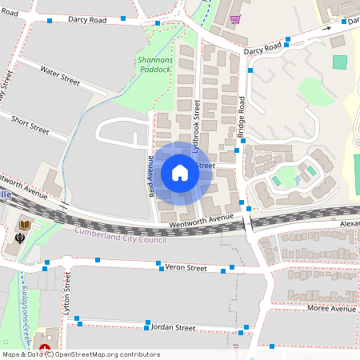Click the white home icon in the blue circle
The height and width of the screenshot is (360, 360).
180,172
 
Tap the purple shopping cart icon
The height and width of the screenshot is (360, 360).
235,18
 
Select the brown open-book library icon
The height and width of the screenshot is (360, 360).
24,224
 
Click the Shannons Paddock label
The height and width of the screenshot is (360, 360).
154,64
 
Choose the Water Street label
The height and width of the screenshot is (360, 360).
60,76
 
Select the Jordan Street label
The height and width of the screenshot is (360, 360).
174,327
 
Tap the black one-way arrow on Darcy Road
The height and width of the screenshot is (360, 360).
327,29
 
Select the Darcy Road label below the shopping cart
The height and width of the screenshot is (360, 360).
264,50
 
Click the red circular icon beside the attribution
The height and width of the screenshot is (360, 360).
46,350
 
